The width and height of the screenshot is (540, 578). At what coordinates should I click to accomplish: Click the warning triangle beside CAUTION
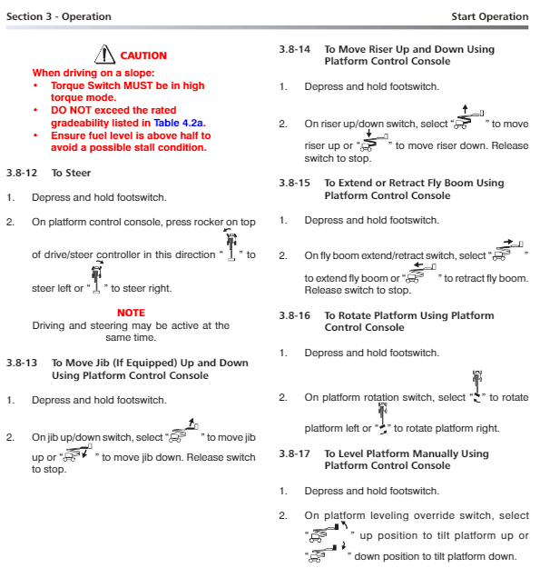coord(105,55)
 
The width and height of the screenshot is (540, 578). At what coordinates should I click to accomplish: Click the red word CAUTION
coord(143,55)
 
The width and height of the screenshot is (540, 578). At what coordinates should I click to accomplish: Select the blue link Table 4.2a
coord(178,123)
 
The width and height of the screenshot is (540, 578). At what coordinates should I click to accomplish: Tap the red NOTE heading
coord(131,313)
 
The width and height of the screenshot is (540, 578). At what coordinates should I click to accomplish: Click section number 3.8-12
coord(22,173)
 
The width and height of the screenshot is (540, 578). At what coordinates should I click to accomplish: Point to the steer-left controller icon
coord(231,244)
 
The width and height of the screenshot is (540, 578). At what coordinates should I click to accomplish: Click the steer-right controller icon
coord(97,277)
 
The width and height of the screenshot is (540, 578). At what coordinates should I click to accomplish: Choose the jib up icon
coord(183,430)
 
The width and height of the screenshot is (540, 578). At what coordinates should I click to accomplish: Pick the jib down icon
coord(76,453)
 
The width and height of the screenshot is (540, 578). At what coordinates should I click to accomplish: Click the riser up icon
coord(468,117)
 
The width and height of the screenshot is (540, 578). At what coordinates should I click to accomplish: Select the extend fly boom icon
coord(508,250)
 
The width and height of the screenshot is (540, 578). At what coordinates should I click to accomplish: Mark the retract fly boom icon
coord(421,273)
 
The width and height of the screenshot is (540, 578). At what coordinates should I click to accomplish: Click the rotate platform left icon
coord(477,386)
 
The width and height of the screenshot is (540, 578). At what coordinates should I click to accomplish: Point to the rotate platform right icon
coord(383,418)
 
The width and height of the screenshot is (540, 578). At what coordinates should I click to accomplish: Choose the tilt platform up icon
coord(329,532)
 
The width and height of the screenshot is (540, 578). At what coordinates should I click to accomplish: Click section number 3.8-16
coord(294,315)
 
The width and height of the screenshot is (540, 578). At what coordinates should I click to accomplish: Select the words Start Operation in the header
coord(490,16)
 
